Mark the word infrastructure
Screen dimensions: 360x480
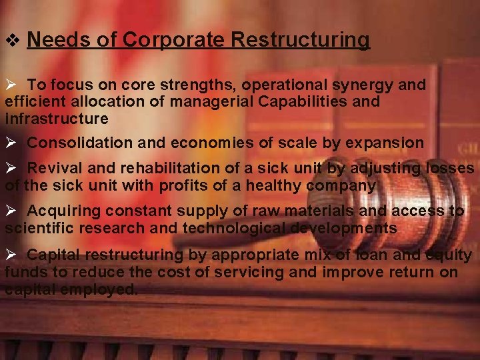57,119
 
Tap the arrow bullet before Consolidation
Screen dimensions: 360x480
11,143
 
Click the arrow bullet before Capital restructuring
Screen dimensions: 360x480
11,255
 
